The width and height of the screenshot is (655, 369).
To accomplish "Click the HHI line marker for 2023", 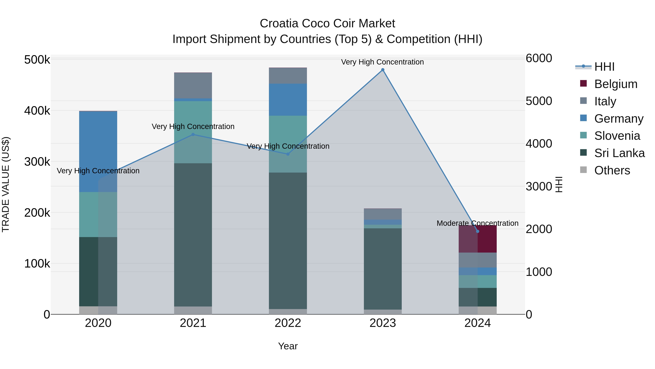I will (383, 70).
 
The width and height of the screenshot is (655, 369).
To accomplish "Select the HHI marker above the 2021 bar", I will (193, 134).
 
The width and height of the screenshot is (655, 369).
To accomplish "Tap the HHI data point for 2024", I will (478, 231).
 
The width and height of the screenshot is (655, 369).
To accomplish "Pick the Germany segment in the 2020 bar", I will (98, 152).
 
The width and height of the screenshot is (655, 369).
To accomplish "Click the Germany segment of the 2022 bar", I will (288, 99).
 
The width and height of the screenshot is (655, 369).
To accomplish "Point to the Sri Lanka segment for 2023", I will (383, 269).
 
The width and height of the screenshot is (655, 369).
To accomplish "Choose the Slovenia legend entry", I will (617, 136).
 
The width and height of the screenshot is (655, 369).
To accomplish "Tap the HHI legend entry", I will (604, 67).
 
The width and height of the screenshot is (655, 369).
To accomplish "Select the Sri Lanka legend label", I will (619, 153).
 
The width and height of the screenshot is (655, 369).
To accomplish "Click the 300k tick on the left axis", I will (37, 161).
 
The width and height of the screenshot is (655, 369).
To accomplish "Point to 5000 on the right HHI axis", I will (539, 101).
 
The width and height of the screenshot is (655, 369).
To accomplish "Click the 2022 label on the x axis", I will (288, 323).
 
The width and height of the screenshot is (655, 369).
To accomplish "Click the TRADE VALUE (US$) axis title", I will (6, 184).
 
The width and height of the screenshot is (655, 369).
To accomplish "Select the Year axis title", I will (288, 346).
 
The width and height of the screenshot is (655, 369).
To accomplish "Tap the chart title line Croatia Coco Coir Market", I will (327, 24).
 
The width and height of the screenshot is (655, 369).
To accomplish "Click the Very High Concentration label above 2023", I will (382, 62).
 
